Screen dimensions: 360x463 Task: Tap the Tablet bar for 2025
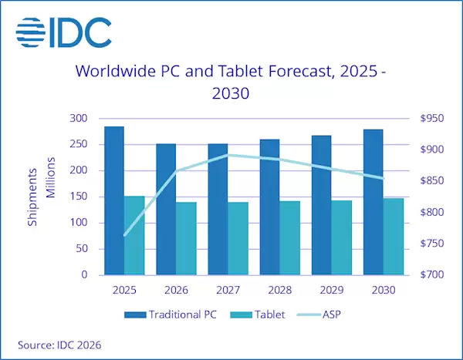(135, 235)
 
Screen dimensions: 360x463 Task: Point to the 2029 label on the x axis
(331, 291)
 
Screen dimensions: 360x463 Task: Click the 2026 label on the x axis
(176, 291)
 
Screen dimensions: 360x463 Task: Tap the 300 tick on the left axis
(78, 118)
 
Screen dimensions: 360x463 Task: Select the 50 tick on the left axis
(80, 249)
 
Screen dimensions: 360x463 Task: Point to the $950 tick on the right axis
(429, 118)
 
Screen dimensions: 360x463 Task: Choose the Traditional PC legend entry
(171, 315)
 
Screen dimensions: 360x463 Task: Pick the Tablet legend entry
(261, 315)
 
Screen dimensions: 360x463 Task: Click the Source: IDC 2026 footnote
(59, 345)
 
